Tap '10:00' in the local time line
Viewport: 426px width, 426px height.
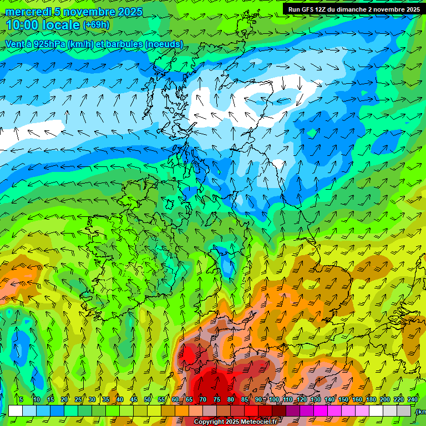22,25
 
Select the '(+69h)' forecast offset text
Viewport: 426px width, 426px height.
96,25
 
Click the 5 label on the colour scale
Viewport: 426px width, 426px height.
21,400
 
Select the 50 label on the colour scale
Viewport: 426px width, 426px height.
148,400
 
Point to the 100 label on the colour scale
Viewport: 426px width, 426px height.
273,400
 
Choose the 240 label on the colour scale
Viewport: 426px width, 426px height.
413,400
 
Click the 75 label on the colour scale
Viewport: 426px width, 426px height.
217,400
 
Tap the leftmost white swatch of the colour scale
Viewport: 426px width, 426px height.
16,410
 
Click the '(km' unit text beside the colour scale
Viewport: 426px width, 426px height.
421,412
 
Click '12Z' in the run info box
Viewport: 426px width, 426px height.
326,9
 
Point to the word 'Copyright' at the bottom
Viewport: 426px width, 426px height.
209,422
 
